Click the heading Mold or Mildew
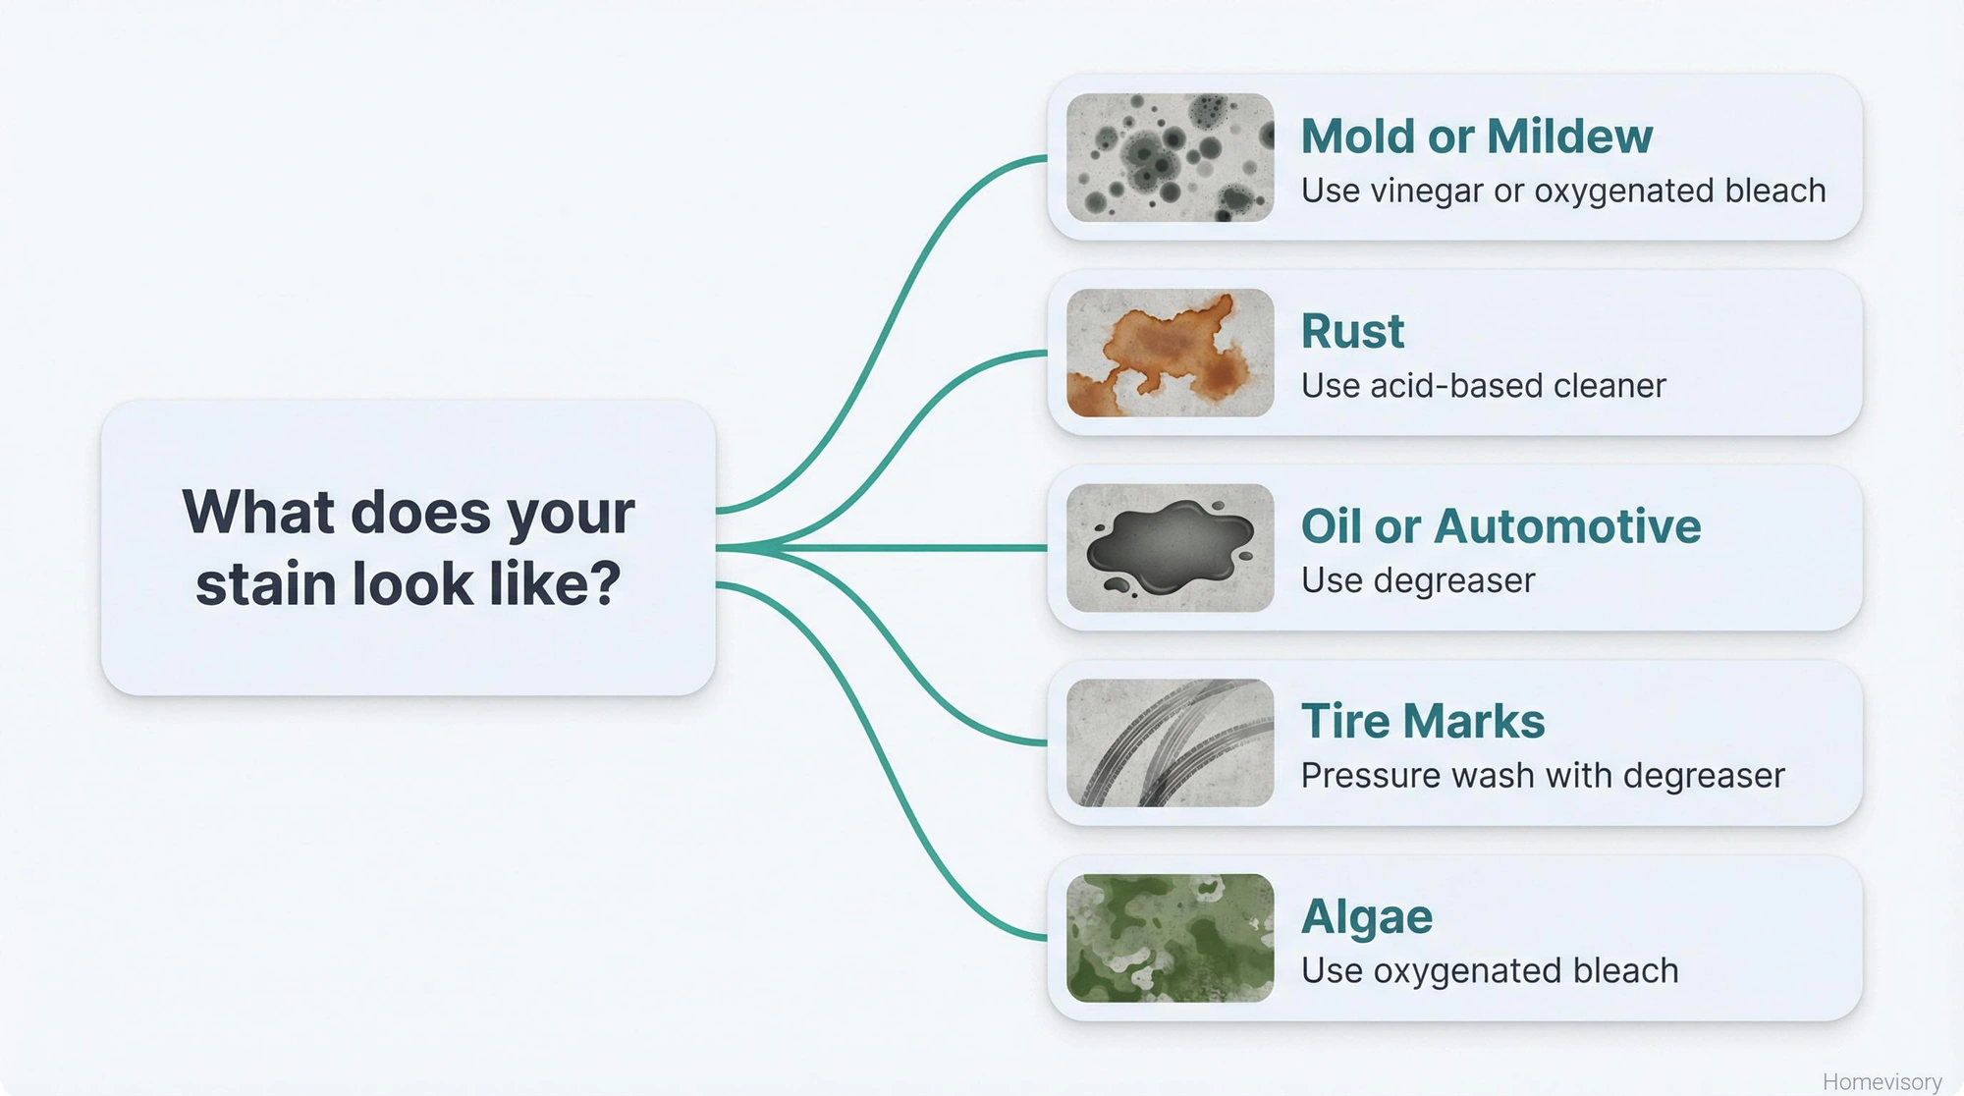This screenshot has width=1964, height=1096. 1476,136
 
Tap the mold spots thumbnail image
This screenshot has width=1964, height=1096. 1170,157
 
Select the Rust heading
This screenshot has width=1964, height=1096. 1352,331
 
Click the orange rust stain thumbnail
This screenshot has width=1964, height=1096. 1170,353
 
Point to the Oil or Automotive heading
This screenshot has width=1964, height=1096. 1500,526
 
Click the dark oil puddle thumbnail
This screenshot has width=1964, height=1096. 1170,548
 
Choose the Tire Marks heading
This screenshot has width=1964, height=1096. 1423,721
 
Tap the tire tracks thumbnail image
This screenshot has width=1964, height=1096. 1170,742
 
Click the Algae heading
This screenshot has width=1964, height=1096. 1366,916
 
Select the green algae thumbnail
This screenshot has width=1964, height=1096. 1170,938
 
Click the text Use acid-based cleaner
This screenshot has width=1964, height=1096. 1483,386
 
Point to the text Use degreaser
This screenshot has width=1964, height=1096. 1417,580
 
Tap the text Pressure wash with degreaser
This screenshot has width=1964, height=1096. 1542,776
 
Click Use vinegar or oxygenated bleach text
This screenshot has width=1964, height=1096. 1562,191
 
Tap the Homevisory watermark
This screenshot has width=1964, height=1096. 1882,1081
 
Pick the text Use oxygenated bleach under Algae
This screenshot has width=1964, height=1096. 1489,970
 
